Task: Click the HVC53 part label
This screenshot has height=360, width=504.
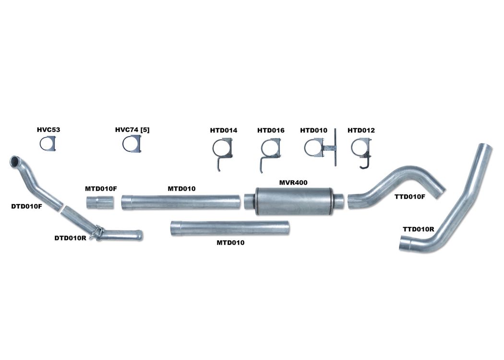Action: tap(48, 130)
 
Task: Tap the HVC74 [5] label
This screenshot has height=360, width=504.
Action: tap(132, 130)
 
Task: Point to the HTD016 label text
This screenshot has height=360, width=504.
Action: tap(271, 130)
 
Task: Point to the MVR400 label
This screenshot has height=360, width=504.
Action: tap(293, 182)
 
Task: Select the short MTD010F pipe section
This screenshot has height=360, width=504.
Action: tap(100, 202)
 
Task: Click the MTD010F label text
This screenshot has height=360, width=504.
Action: tap(101, 189)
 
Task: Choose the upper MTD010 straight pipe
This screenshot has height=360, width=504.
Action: tap(180, 202)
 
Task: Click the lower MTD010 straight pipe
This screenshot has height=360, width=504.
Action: tap(229, 228)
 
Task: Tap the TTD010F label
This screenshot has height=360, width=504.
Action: tap(409, 197)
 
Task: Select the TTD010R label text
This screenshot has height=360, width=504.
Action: tap(419, 229)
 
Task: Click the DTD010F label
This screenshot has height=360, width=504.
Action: tap(26, 206)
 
